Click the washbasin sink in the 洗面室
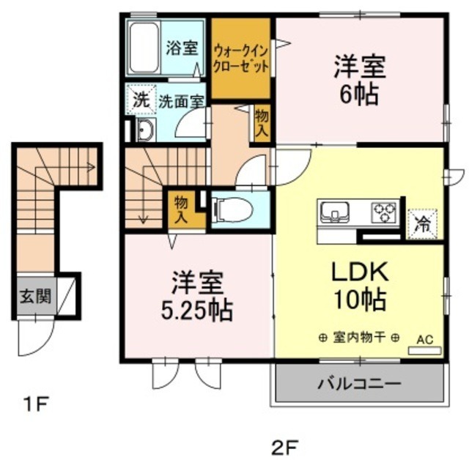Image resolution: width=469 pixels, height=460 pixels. click(x=145, y=130)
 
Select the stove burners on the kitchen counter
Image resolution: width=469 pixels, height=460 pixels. click(x=383, y=212)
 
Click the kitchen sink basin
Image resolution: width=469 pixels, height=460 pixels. click(x=336, y=212)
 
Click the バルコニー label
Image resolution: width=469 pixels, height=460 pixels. click(x=358, y=384)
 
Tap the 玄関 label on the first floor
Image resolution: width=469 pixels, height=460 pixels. click(x=34, y=297)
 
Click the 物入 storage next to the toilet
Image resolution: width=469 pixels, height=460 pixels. click(x=180, y=208)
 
